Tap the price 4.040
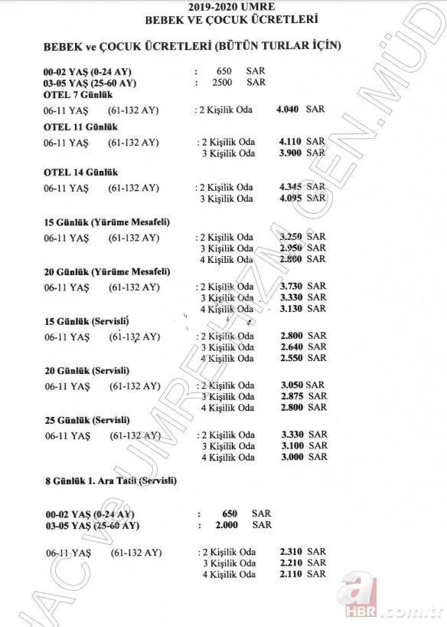point(291,110)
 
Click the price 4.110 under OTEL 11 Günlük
point(292,142)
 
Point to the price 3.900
point(292,153)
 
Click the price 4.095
point(292,199)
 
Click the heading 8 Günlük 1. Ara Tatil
point(110,481)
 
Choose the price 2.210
point(292,563)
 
